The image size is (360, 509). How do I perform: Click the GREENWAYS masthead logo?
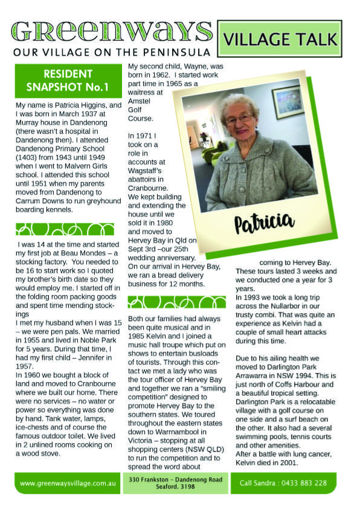[112, 31]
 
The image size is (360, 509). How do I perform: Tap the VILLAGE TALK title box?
[280, 40]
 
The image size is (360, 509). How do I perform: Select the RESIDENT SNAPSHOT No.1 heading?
[67, 80]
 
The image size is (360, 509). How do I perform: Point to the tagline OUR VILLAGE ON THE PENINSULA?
[112, 51]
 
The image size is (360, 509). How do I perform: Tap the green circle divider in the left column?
[65, 229]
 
